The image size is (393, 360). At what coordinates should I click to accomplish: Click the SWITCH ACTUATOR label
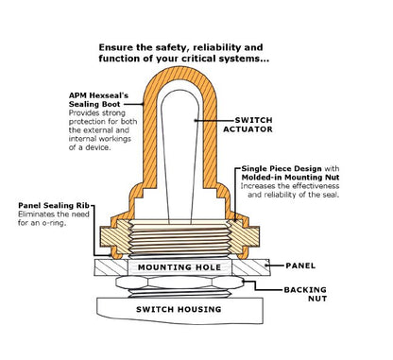pyautogui.click(x=248, y=125)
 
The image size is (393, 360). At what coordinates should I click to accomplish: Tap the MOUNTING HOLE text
pyautogui.click(x=179, y=267)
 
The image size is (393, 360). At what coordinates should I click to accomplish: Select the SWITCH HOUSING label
pyautogui.click(x=179, y=309)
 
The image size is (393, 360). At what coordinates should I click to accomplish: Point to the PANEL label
pyautogui.click(x=300, y=266)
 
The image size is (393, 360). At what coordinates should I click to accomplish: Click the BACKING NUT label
pyautogui.click(x=305, y=294)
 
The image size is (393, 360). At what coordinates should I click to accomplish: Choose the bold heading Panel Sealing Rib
pyautogui.click(x=54, y=206)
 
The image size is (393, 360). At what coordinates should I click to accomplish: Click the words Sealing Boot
pyautogui.click(x=94, y=104)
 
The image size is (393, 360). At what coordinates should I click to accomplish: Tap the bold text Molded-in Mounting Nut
pyautogui.click(x=290, y=178)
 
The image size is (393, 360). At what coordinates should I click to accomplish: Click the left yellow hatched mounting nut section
pyautogui.click(x=115, y=236)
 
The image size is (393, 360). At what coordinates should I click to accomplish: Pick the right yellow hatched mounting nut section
pyautogui.click(x=244, y=236)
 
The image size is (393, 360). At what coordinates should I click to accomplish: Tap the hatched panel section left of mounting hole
pyautogui.click(x=111, y=267)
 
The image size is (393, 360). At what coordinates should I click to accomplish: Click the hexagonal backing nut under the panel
pyautogui.click(x=179, y=283)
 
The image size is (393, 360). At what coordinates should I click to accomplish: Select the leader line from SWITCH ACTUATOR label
pyautogui.click(x=214, y=120)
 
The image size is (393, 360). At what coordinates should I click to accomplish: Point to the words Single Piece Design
pyautogui.click(x=282, y=169)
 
